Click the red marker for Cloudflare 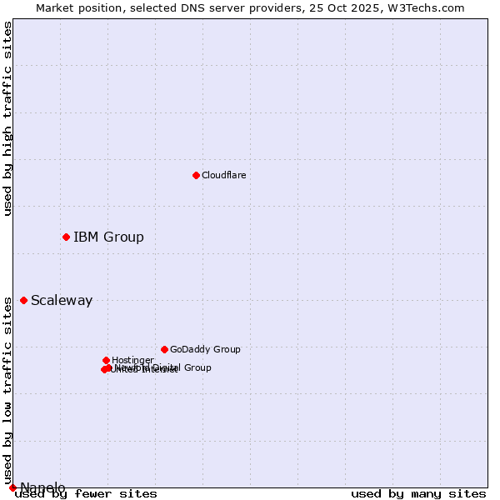click(x=196, y=175)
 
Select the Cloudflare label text click(x=223, y=175)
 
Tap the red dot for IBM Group click(x=66, y=237)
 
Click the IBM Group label click(x=108, y=237)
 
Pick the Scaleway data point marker click(x=23, y=300)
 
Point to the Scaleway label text click(x=62, y=301)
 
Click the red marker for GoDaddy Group click(x=164, y=349)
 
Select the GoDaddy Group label click(x=205, y=350)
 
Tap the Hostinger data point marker click(x=106, y=360)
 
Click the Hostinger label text click(x=132, y=361)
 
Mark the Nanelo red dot click(x=12, y=487)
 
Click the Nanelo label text click(x=42, y=487)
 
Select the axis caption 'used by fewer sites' click(x=86, y=494)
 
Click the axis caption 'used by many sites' click(x=418, y=494)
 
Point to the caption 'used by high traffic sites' click(x=8, y=118)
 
